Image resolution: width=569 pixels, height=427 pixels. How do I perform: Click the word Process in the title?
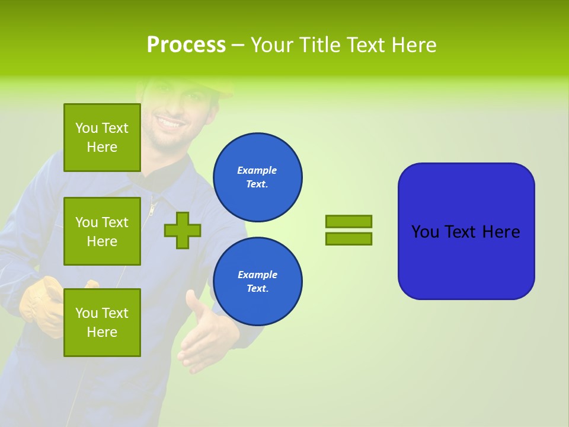[x=186, y=45]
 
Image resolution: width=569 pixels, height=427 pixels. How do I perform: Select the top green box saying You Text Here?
[x=102, y=138]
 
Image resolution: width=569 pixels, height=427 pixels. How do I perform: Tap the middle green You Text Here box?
[x=102, y=231]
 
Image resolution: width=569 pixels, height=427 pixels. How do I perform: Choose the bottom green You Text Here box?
[x=102, y=322]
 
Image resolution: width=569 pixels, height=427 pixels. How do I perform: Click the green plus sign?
[x=183, y=230]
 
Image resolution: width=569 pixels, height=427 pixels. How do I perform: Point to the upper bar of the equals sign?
[x=349, y=221]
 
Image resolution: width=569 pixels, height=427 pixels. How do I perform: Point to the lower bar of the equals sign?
[x=349, y=238]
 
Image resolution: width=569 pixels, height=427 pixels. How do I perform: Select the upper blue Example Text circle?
[x=257, y=177]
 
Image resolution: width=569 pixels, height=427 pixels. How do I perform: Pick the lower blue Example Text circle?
[x=257, y=281]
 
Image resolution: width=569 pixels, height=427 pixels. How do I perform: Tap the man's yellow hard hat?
[x=225, y=89]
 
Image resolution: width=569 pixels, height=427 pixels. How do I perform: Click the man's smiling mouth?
[x=170, y=124]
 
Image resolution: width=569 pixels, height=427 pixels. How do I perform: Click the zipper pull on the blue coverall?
[x=153, y=208]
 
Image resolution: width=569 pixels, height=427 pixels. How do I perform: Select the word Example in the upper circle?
[x=257, y=170]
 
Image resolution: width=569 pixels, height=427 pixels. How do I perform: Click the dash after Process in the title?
[x=238, y=45]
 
